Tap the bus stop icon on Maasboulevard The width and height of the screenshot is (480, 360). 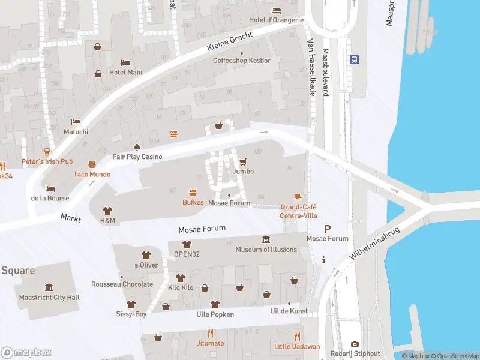[x=355, y=59]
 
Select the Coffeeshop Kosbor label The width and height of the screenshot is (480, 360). [x=242, y=61]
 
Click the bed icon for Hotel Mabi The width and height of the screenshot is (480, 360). [x=125, y=62]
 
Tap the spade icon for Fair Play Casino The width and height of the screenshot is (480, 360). [x=137, y=146]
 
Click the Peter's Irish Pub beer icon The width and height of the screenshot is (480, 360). [x=47, y=152]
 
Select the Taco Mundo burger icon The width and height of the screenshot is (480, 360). [x=92, y=164]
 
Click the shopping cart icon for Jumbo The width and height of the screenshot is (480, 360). [x=243, y=161]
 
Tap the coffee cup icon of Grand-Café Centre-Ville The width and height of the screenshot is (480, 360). [x=298, y=197]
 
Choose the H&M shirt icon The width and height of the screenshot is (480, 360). [x=107, y=211]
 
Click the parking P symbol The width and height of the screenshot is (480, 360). [x=327, y=229]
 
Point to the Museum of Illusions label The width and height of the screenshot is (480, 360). [x=266, y=250]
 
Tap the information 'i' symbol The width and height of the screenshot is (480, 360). [x=324, y=260]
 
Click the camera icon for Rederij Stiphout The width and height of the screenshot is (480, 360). [x=355, y=344]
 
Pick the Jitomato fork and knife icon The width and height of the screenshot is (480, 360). [x=210, y=333]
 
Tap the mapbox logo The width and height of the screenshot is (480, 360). [x=26, y=352]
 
